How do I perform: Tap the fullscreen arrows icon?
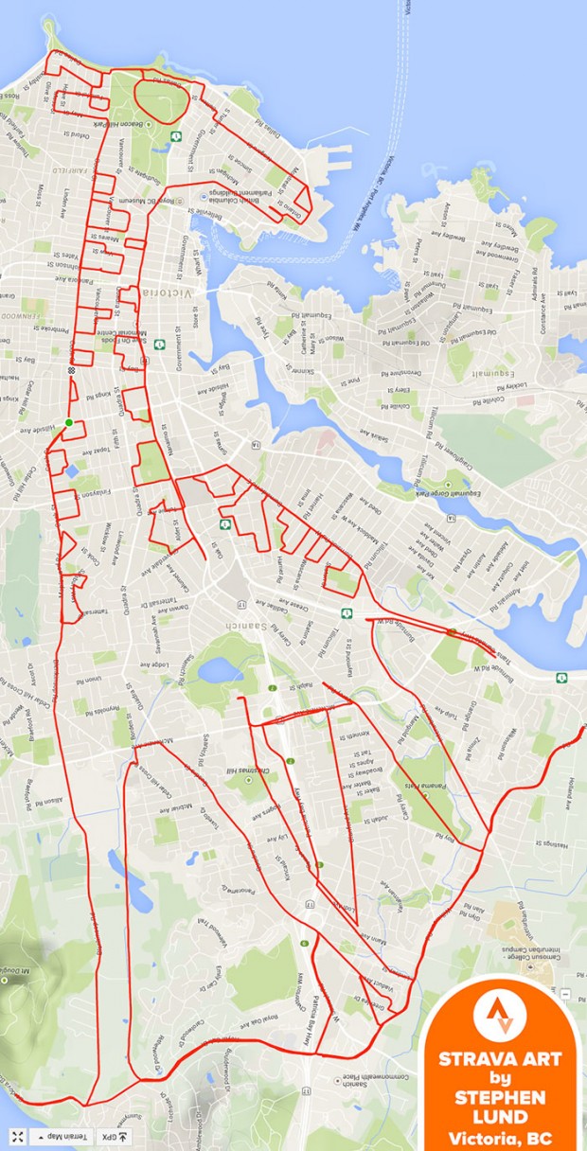tap(17, 1136)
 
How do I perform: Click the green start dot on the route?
tap(68, 422)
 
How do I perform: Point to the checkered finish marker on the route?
tap(69, 371)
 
